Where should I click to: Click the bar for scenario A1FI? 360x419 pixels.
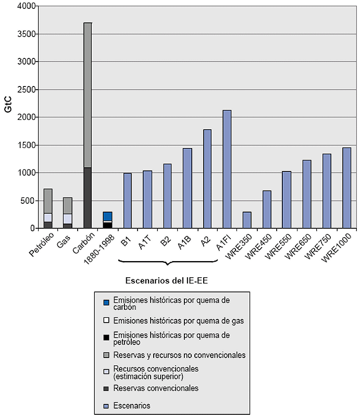(x=227, y=169)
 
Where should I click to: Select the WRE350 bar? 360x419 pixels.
(x=247, y=220)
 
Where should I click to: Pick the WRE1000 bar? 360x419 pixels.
(x=346, y=188)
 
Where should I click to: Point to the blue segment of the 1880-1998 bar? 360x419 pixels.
(x=108, y=216)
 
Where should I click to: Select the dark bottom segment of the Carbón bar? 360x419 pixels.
(x=88, y=198)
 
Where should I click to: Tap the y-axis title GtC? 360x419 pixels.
(x=8, y=118)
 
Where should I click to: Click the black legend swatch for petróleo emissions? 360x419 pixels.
(x=106, y=337)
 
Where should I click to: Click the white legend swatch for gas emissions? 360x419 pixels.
(x=106, y=321)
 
